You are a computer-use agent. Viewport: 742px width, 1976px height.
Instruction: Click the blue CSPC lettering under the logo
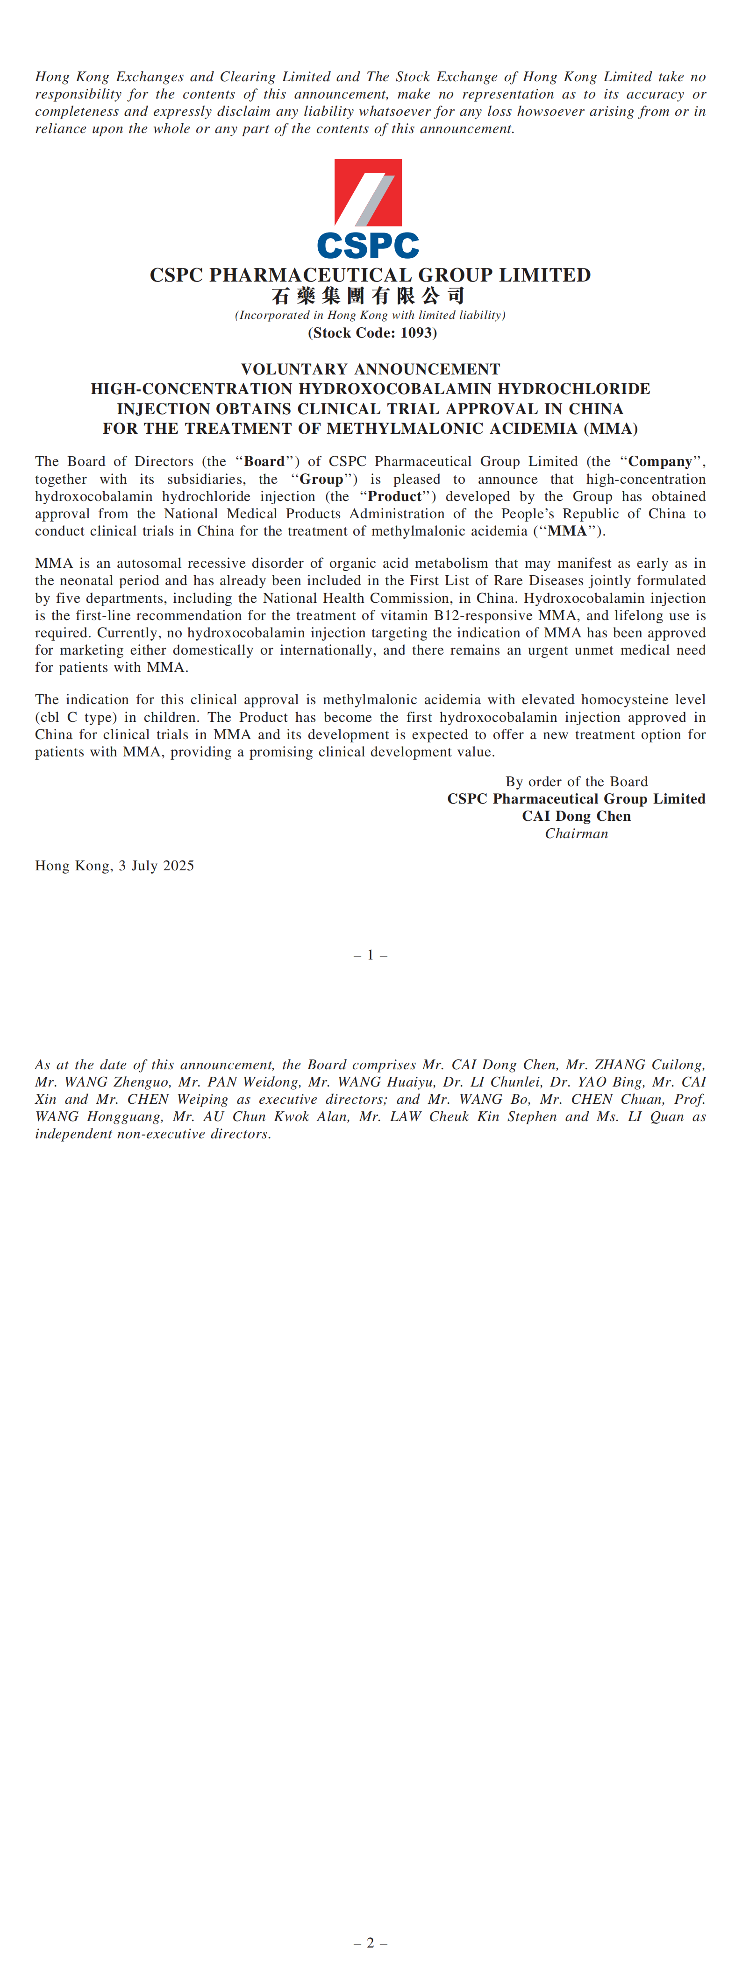(x=368, y=246)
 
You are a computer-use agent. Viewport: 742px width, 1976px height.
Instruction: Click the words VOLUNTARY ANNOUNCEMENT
(x=370, y=369)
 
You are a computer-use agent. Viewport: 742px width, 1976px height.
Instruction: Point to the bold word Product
(x=394, y=496)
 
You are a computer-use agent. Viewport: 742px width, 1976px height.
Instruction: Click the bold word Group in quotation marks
(x=321, y=479)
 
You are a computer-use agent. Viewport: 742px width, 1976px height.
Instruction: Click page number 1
(x=370, y=955)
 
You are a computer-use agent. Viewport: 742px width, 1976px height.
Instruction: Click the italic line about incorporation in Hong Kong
(x=370, y=315)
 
